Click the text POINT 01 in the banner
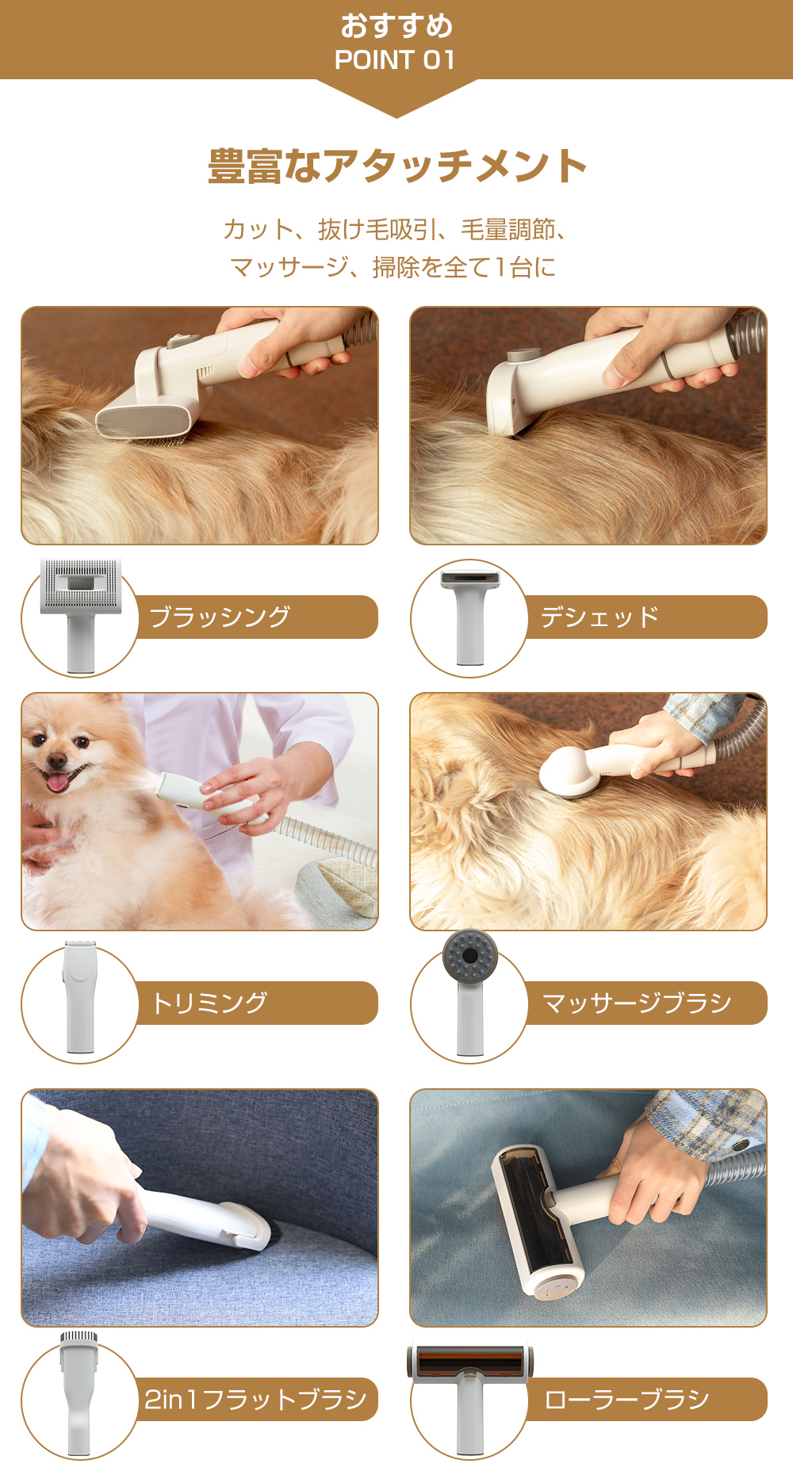395,60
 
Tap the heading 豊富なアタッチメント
396,166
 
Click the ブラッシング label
220,617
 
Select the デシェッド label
600,617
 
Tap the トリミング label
209,1003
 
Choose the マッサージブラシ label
637,1003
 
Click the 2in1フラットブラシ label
255,1399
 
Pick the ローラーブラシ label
626,1399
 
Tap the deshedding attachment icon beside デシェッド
470,614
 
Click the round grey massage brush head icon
469,955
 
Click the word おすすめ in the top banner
396,26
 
